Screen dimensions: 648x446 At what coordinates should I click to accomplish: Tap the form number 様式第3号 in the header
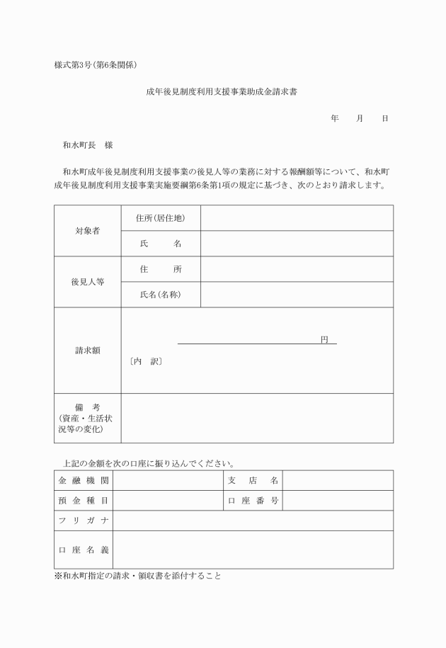click(73, 65)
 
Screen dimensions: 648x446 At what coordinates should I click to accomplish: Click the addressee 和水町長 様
click(88, 144)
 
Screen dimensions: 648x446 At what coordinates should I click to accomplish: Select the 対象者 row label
click(87, 230)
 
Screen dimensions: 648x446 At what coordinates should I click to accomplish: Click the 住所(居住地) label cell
click(161, 217)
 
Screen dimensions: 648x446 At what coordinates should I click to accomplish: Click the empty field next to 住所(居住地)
click(297, 217)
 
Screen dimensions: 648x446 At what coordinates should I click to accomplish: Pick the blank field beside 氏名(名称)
click(297, 294)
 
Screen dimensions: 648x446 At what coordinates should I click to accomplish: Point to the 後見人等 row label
click(87, 281)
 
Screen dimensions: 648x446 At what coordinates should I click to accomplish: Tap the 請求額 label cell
click(87, 350)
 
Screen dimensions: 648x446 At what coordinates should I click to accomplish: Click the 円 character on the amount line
click(324, 339)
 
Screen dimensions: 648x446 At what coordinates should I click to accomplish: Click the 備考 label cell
click(87, 418)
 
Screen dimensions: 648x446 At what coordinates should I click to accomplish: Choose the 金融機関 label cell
click(83, 480)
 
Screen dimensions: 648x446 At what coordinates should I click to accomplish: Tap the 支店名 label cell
click(253, 480)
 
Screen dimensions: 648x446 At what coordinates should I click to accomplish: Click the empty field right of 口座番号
click(338, 500)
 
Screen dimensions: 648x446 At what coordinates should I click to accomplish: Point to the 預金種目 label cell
click(83, 500)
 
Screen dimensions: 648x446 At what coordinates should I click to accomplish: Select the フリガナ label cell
click(83, 521)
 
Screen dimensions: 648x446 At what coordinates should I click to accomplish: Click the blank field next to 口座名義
click(253, 550)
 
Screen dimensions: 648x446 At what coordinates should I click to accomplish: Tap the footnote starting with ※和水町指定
click(138, 576)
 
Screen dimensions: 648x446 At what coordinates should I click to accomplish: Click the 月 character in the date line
click(360, 119)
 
